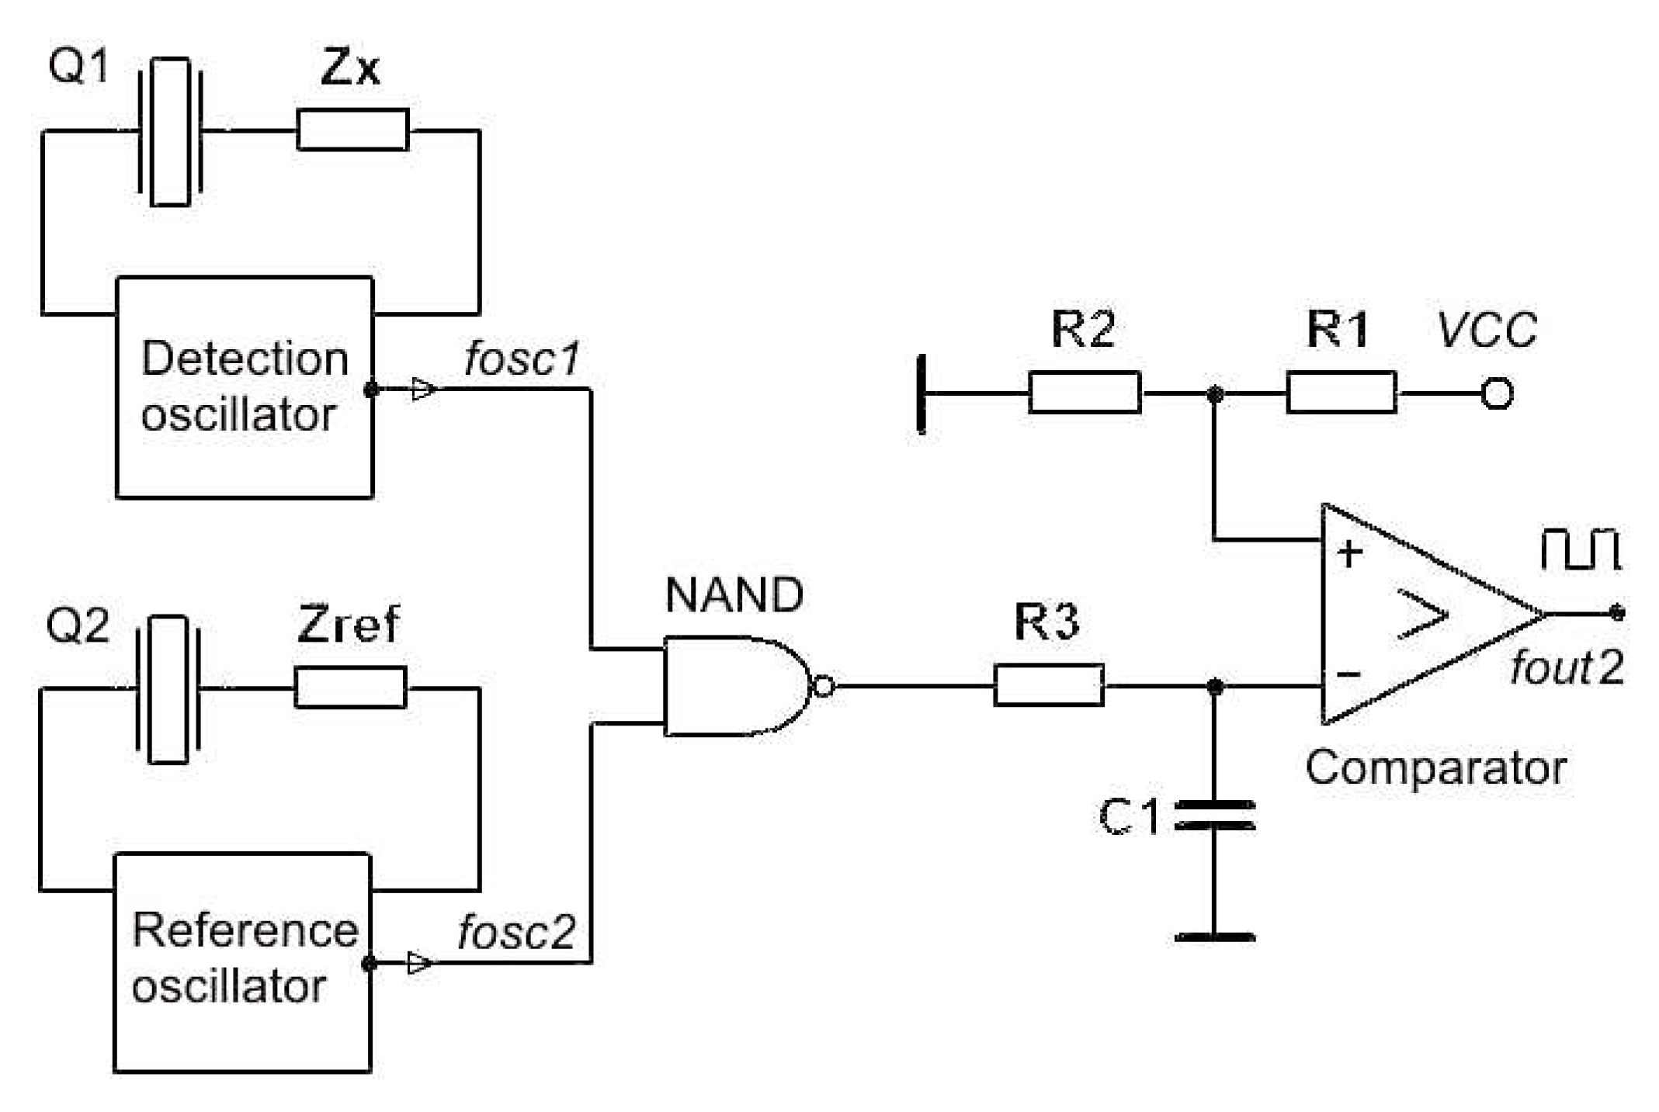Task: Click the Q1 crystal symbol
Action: click(x=170, y=132)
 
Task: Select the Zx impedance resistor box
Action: click(x=352, y=130)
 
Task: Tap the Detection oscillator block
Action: click(x=245, y=386)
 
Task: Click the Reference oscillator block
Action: click(x=242, y=962)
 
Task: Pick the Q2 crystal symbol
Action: click(x=168, y=689)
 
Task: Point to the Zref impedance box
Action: click(x=350, y=688)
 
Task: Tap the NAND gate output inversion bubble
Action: click(x=824, y=687)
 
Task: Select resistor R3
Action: click(x=1049, y=685)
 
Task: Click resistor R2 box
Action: click(x=1085, y=393)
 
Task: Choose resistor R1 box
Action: click(x=1341, y=393)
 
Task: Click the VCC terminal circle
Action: click(x=1497, y=393)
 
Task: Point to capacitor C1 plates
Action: click(x=1215, y=816)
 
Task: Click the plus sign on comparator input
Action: click(x=1349, y=553)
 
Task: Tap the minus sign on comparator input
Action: click(x=1348, y=674)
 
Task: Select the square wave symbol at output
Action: click(x=1580, y=549)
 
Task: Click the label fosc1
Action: click(x=522, y=359)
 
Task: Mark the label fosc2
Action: click(x=516, y=931)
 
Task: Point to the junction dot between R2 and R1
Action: click(x=1216, y=394)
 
